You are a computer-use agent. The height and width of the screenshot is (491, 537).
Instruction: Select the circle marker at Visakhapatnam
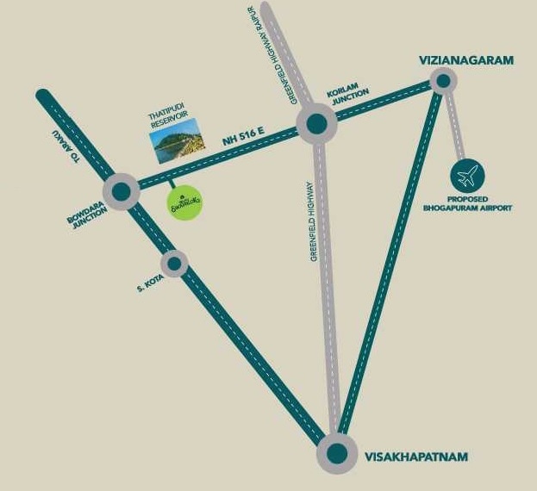(336, 456)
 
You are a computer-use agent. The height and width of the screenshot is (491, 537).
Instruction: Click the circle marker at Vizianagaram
(443, 81)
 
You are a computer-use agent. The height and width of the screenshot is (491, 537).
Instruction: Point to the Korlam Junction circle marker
(316, 125)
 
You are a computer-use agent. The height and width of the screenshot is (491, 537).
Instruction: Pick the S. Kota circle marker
(175, 263)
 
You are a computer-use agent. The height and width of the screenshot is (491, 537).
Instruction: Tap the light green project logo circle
(184, 202)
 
